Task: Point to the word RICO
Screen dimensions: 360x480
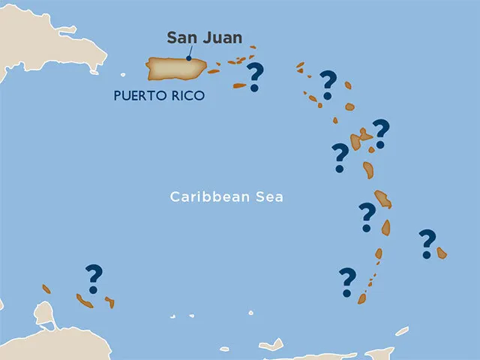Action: [187, 96]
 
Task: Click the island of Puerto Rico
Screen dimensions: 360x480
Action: [175, 68]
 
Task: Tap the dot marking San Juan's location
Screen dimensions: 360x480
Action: [188, 58]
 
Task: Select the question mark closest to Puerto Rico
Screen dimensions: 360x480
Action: [255, 77]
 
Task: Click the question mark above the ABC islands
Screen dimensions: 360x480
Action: [94, 278]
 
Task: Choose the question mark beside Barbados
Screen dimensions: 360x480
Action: [427, 243]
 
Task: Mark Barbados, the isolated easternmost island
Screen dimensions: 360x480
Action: [442, 253]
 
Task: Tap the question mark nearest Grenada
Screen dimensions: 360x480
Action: [346, 281]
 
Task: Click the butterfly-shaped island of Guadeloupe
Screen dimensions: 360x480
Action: [358, 139]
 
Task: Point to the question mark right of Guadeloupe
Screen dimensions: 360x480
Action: [381, 133]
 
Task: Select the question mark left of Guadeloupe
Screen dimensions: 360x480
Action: [340, 157]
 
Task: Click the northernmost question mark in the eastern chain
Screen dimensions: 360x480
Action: [328, 84]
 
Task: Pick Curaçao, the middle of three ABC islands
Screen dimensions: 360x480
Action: [84, 301]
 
